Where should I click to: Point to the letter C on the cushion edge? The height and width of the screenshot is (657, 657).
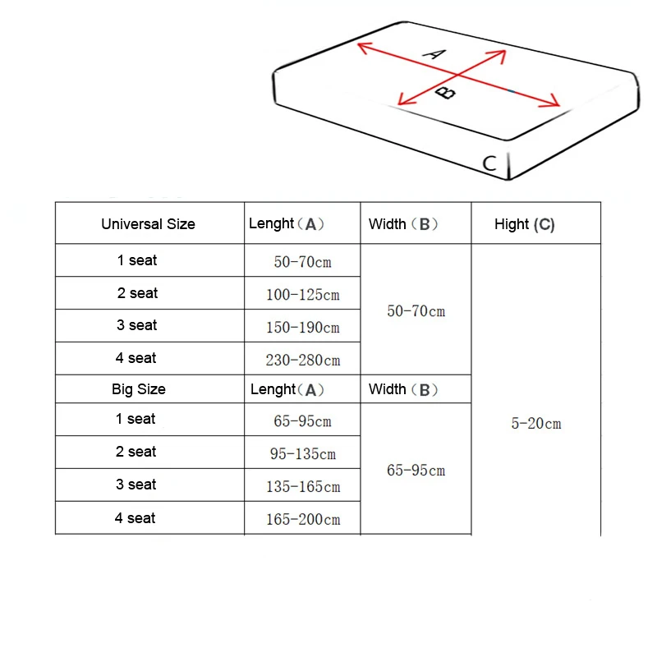tap(489, 163)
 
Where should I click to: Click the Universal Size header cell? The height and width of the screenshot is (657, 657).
tap(149, 224)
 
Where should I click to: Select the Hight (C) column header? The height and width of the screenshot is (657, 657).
tap(525, 224)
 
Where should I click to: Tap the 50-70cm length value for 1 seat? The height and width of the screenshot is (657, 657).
tap(302, 262)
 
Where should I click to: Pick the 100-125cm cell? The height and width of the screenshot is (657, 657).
tap(302, 295)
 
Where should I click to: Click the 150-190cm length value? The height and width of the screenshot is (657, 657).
tap(302, 328)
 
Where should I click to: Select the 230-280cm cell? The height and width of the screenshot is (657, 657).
tap(302, 361)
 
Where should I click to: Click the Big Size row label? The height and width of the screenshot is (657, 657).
tap(139, 389)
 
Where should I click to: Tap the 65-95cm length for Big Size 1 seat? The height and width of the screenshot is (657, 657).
tap(302, 421)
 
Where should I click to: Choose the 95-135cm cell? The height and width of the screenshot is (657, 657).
tap(302, 454)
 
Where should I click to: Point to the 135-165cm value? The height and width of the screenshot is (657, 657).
tap(302, 487)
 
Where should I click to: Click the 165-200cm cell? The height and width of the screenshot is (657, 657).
tap(302, 520)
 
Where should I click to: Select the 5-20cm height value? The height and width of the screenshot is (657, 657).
tap(536, 424)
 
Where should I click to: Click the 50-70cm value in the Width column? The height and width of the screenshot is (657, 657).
tap(416, 311)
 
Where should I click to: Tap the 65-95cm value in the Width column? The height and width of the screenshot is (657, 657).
tap(416, 471)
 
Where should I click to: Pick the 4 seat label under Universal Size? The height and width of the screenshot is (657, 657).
tap(136, 358)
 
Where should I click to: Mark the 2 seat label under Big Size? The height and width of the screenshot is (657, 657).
tap(136, 452)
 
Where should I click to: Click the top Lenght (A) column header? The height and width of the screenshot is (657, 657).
tap(287, 224)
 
